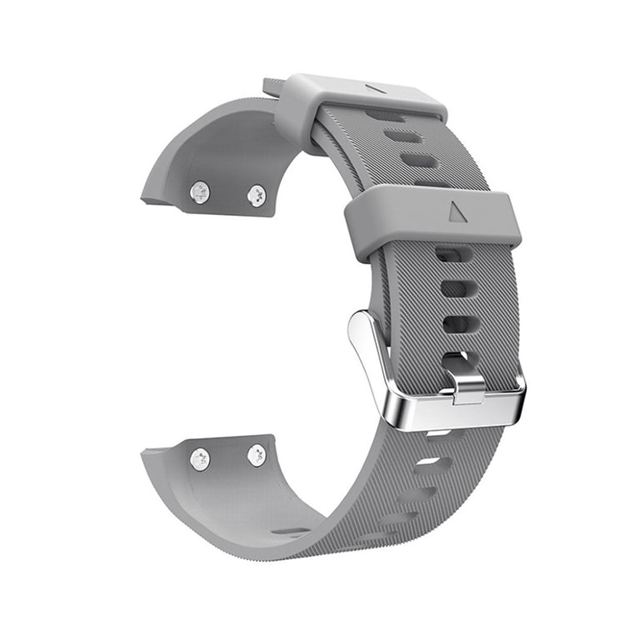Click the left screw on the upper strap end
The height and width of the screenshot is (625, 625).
pos(200,192)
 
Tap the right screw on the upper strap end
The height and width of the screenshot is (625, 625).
pos(256,196)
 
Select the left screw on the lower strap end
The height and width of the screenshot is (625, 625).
pos(200,458)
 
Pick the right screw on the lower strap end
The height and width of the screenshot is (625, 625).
pos(257,455)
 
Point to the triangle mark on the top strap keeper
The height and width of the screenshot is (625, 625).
pos(377,87)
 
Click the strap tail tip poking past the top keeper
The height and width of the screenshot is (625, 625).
pos(272,86)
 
